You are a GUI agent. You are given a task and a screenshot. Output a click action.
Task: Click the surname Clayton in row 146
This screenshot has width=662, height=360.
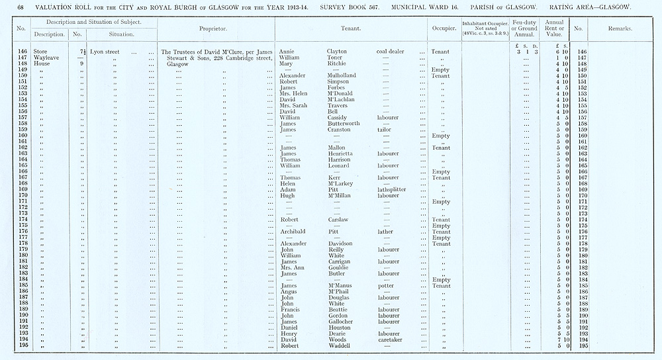339,52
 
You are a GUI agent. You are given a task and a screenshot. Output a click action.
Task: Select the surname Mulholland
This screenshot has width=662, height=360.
342,76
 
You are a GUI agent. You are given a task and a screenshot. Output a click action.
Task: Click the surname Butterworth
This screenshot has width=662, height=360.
344,124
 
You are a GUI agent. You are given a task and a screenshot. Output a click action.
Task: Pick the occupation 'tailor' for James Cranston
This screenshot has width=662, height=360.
384,130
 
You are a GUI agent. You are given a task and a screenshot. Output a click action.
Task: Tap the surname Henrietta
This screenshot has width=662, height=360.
342,154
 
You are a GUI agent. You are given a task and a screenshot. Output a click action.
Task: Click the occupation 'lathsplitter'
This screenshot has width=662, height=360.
391,190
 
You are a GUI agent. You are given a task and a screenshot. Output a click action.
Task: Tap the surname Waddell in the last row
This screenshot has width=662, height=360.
340,346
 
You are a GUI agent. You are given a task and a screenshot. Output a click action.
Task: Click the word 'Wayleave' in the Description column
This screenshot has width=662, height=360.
50,58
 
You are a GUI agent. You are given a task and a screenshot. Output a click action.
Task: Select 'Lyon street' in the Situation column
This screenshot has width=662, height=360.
105,52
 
